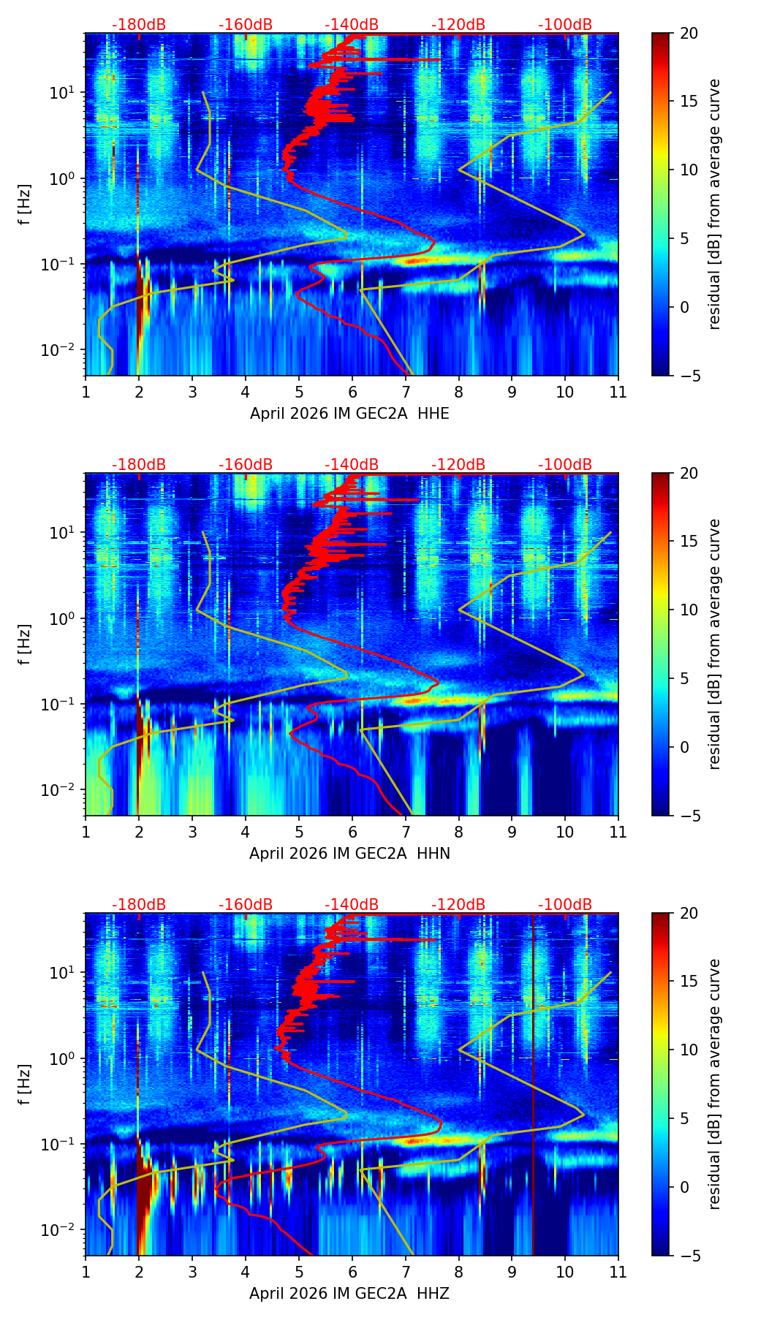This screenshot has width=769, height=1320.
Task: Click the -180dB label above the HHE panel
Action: (139, 25)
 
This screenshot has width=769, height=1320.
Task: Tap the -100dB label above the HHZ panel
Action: (565, 905)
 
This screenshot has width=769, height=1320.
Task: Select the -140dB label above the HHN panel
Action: (352, 465)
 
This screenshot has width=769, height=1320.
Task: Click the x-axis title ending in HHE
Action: (349, 414)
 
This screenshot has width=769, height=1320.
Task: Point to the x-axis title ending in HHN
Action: (349, 854)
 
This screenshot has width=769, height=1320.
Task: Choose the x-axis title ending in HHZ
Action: (349, 1294)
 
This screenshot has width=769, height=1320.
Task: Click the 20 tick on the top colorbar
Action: (688, 33)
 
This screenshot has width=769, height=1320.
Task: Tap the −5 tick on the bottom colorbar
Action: (688, 1256)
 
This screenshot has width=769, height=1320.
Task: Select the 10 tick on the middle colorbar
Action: (688, 610)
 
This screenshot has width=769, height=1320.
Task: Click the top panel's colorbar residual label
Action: (715, 204)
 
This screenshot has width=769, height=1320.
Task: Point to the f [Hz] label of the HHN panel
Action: (25, 644)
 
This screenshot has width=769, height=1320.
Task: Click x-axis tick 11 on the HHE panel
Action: (618, 392)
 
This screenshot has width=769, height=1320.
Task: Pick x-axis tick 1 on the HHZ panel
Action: (86, 1272)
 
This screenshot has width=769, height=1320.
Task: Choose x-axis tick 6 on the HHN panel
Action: (352, 832)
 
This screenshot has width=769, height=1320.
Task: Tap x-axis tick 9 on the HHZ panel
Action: (512, 1272)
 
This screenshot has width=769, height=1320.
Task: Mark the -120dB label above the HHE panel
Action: (458, 25)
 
